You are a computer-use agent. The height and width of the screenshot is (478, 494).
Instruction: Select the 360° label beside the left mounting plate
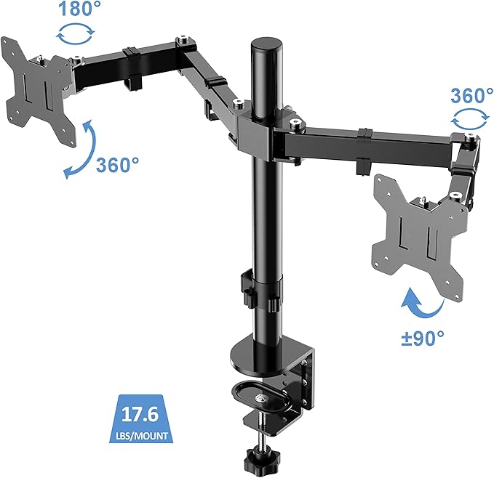coord(117,165)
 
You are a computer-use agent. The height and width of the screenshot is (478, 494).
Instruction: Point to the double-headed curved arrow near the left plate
coord(77,149)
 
